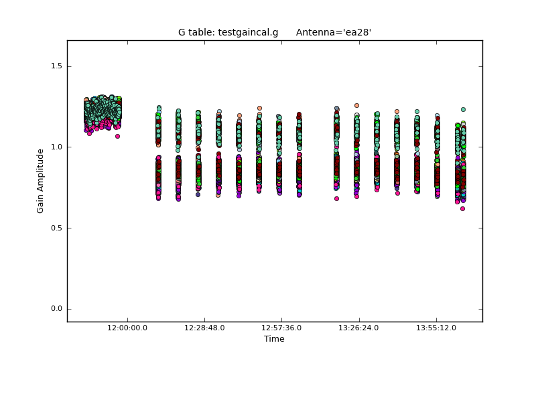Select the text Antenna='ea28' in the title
click(x=334, y=32)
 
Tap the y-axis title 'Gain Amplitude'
click(x=40, y=181)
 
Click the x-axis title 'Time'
click(x=274, y=339)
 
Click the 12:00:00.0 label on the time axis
click(x=127, y=328)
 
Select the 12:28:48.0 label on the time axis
click(x=204, y=328)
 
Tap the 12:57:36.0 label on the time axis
click(x=281, y=328)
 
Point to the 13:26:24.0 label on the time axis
click(x=359, y=328)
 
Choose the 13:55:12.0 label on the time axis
click(x=436, y=328)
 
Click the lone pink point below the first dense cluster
click(x=117, y=136)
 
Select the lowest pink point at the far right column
click(x=462, y=208)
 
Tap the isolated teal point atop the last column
click(x=463, y=109)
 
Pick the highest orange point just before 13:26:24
click(x=356, y=105)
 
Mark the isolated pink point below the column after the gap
click(x=336, y=198)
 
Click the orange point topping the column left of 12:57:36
click(x=259, y=108)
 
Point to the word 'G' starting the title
click(x=182, y=32)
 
